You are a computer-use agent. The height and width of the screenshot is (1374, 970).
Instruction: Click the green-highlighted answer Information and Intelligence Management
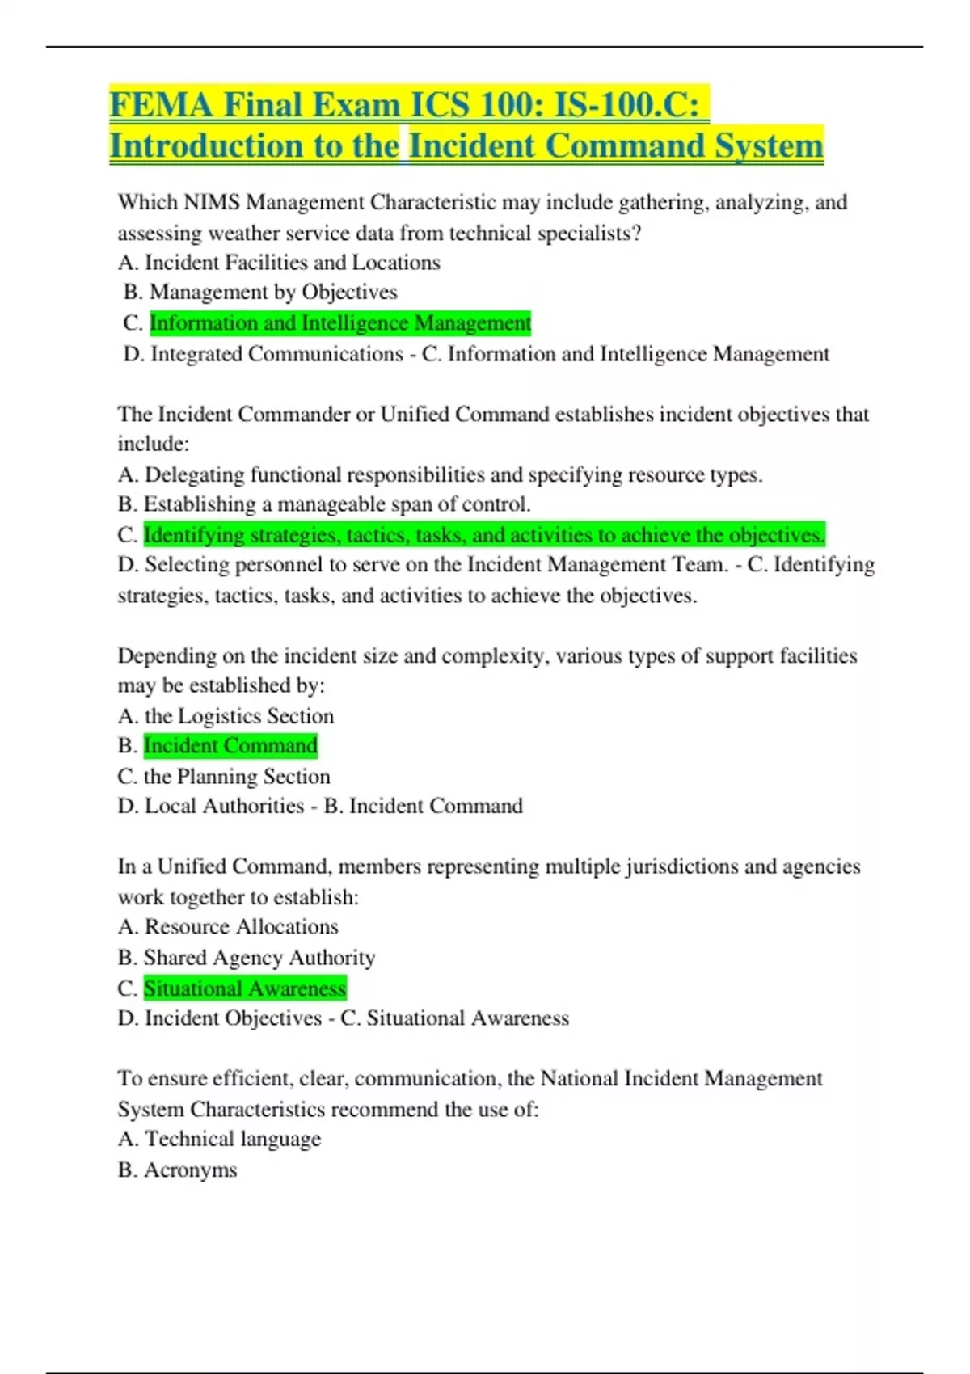click(340, 323)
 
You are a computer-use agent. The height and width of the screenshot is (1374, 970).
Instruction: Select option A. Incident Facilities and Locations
click(279, 263)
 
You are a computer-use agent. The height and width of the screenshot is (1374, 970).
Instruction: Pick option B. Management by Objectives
click(260, 292)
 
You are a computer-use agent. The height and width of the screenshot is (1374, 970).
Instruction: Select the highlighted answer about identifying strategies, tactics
click(484, 535)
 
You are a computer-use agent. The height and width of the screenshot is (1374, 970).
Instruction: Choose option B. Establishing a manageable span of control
click(324, 504)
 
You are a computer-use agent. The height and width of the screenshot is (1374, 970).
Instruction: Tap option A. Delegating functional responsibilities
click(440, 474)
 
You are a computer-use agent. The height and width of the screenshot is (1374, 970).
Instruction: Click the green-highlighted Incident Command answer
click(230, 745)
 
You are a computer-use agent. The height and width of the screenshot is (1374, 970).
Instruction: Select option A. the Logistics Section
click(226, 716)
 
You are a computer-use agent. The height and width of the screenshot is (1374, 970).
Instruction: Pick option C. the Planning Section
click(224, 777)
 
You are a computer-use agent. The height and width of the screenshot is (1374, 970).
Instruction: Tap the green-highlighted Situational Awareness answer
click(245, 988)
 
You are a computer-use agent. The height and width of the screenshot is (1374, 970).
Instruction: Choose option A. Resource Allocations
click(228, 927)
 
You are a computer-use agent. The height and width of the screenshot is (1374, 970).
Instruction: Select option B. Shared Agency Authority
click(247, 958)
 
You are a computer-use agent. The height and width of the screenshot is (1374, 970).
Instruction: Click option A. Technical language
click(219, 1139)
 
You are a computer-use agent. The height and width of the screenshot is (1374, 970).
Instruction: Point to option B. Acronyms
click(177, 1170)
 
